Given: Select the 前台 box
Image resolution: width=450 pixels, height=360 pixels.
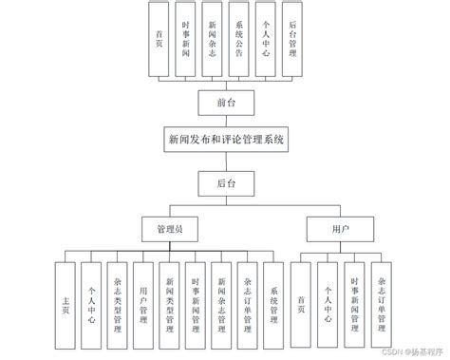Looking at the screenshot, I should pyautogui.click(x=226, y=100).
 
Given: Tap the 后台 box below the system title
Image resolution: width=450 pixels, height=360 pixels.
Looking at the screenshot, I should pyautogui.click(x=226, y=180).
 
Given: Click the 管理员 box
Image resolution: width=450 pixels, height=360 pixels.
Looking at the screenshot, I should pyautogui.click(x=169, y=230).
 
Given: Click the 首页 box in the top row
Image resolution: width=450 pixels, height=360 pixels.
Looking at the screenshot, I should pyautogui.click(x=159, y=41).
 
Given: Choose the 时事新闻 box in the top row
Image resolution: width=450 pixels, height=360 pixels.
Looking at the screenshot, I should pyautogui.click(x=185, y=41).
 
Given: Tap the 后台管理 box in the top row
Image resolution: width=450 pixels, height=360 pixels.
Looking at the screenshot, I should pyautogui.click(x=292, y=41).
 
